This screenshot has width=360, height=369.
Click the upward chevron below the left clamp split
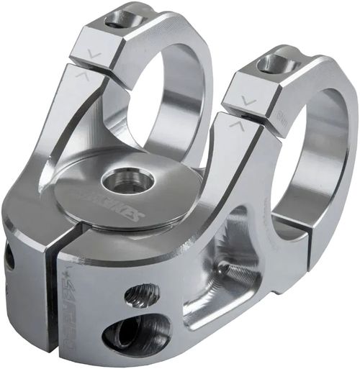[81, 75]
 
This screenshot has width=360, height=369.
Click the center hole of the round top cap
[128, 180]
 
